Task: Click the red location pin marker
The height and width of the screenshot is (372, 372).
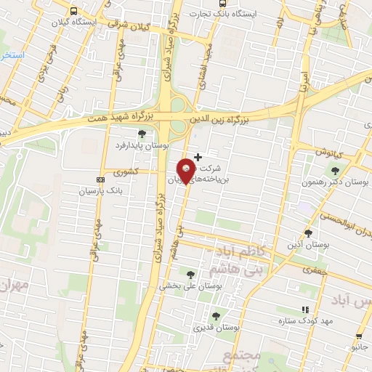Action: (187, 170)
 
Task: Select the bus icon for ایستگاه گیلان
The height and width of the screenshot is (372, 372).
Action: (73, 11)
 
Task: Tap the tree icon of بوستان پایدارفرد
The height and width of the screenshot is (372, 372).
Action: (141, 134)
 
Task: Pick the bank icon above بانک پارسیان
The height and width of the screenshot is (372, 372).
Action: (100, 179)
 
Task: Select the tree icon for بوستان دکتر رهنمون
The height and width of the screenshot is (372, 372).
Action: (335, 171)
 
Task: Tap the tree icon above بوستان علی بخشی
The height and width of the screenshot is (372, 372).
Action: (190, 274)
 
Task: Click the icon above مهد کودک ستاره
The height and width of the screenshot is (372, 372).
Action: (305, 309)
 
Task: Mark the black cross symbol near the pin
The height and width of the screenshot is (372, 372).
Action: (198, 157)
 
